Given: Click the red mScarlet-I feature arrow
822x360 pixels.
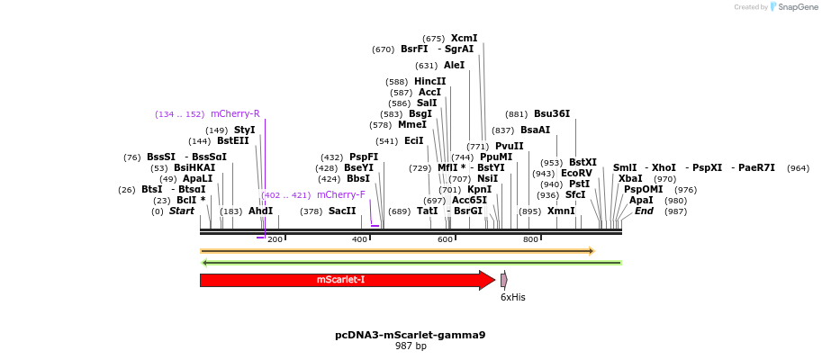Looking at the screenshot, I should [x=342, y=280].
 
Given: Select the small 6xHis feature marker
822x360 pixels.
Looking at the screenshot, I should [x=504, y=280].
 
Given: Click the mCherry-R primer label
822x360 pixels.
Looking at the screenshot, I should [x=235, y=114].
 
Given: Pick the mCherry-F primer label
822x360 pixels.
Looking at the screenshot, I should [x=340, y=194].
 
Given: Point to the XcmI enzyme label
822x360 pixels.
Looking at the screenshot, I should [x=464, y=39].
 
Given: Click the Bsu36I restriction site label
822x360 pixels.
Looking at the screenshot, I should [x=551, y=114].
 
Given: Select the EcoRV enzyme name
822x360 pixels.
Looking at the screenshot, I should [x=576, y=173].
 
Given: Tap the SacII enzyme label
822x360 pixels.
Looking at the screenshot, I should [x=342, y=211].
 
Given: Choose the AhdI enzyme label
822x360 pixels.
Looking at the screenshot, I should [x=260, y=211].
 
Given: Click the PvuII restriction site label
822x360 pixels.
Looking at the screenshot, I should [x=509, y=146].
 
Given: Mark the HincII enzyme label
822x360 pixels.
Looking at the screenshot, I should [x=429, y=81].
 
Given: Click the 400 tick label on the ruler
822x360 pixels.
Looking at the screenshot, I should [x=359, y=239].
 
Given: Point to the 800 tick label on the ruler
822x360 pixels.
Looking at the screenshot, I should [x=530, y=239].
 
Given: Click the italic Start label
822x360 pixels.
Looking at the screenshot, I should [x=182, y=211].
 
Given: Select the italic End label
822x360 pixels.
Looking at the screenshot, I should [x=644, y=211].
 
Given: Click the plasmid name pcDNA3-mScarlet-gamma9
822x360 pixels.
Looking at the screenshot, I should [x=411, y=335].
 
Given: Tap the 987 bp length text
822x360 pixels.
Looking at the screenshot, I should [x=411, y=346].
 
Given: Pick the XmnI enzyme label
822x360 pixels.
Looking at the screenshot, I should [x=561, y=211].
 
